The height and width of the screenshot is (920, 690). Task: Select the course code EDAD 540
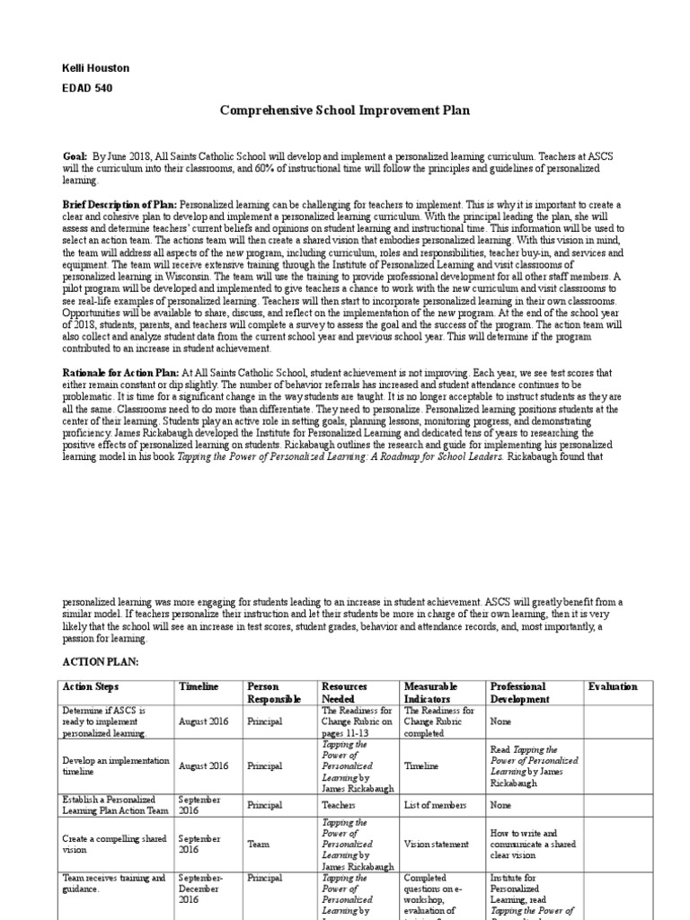pos(87,88)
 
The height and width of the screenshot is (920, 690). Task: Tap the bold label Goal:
pos(75,155)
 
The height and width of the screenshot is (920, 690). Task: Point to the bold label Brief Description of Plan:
pos(119,205)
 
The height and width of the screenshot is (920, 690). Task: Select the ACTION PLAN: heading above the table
pos(100,660)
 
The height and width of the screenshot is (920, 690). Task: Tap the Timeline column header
pos(199,687)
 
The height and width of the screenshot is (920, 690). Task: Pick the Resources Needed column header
pos(343,693)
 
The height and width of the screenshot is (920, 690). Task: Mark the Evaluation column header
pos(613,687)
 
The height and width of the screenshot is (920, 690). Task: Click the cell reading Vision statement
pos(437,845)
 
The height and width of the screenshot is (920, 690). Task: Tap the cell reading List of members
pos(436,806)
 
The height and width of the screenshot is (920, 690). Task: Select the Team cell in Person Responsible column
pos(258,845)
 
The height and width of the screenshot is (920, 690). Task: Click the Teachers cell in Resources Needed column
pos(339,806)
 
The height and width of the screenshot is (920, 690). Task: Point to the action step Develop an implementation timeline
pos(115,766)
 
